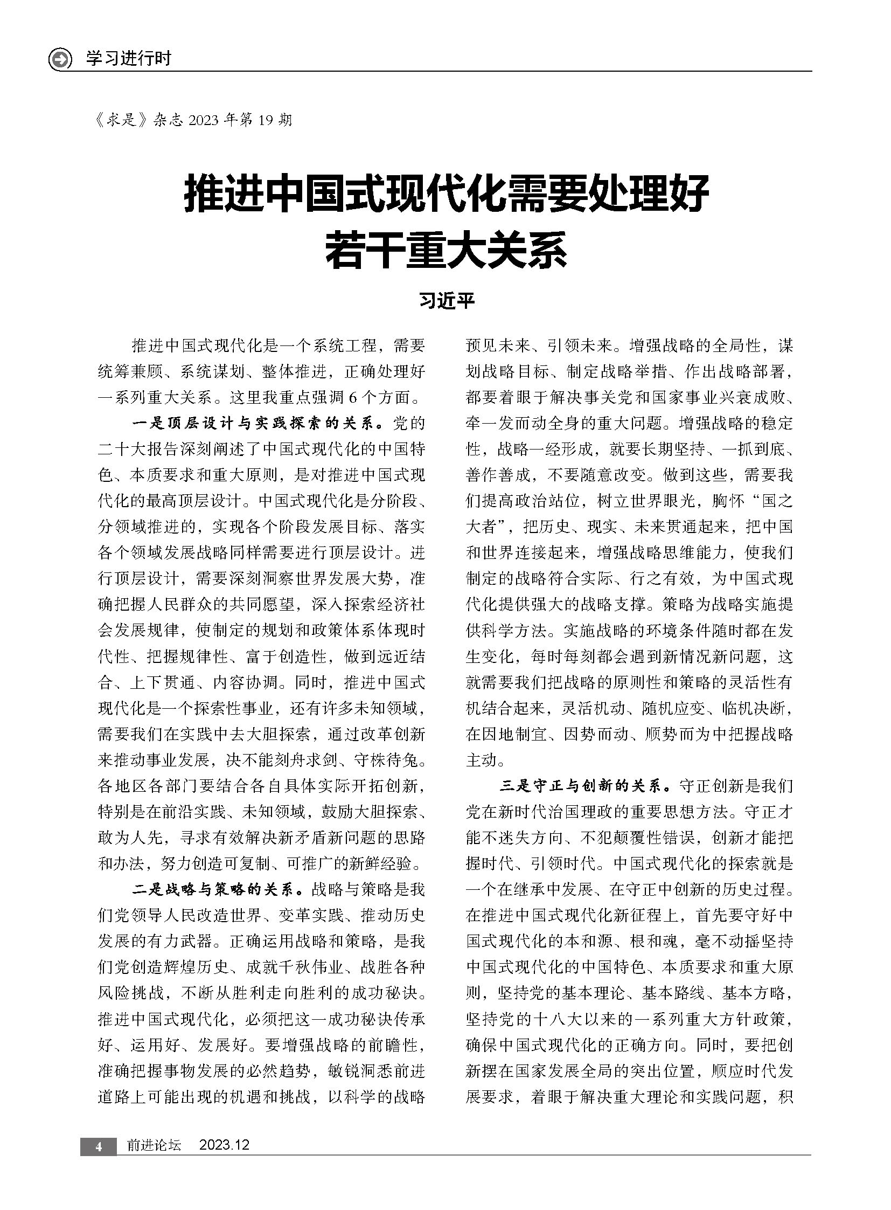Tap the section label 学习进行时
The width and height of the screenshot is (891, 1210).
128,58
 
